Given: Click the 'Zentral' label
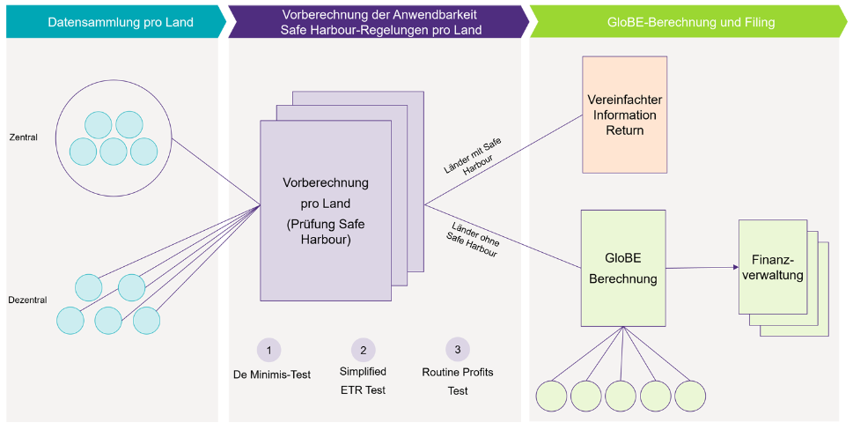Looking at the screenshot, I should tap(23, 137).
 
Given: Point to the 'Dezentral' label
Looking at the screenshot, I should tap(26, 300).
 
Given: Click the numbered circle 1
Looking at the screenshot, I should tap(268, 350).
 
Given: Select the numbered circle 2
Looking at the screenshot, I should tap(363, 350).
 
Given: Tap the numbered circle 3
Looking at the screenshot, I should tap(458, 350).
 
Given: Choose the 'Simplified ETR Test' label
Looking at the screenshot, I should tap(363, 381).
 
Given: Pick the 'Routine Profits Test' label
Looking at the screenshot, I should tap(458, 381).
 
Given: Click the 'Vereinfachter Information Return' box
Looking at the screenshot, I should tap(624, 115).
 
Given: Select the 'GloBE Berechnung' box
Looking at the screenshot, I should tap(622, 268).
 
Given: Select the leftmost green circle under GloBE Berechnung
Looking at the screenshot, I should tap(552, 394).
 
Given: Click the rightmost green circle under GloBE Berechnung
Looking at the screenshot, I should tap(691, 394).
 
